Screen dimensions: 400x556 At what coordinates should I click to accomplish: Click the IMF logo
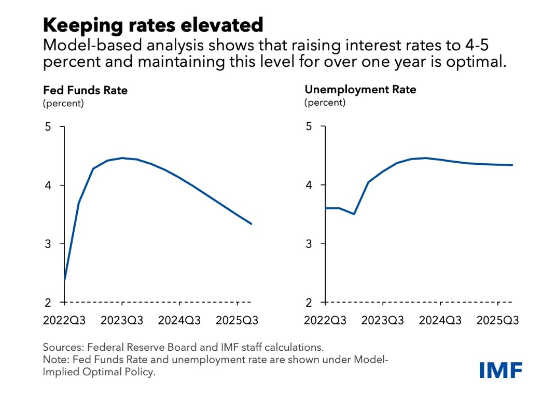click(x=500, y=370)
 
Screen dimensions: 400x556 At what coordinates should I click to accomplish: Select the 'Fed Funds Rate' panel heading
click(x=85, y=90)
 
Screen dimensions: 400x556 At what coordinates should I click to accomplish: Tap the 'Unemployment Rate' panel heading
click(x=360, y=90)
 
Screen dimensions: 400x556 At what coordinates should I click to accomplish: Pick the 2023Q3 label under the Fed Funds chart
click(x=122, y=321)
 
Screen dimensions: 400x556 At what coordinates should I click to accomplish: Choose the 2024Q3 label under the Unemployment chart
click(x=440, y=321)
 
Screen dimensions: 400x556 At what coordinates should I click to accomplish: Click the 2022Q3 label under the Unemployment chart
click(x=325, y=321)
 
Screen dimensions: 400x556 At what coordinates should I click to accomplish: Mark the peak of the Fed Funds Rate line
click(x=122, y=158)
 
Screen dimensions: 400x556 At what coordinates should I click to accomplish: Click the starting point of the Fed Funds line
click(x=64, y=280)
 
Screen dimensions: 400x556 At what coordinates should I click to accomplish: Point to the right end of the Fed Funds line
click(x=252, y=224)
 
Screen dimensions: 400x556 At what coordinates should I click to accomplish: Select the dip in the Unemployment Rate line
click(x=354, y=213)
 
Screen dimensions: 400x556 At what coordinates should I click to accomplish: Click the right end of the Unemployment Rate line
click(x=512, y=165)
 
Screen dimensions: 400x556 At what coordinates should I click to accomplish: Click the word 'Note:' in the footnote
click(x=55, y=360)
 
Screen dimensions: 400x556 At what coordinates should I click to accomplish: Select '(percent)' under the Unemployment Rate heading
click(x=324, y=102)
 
